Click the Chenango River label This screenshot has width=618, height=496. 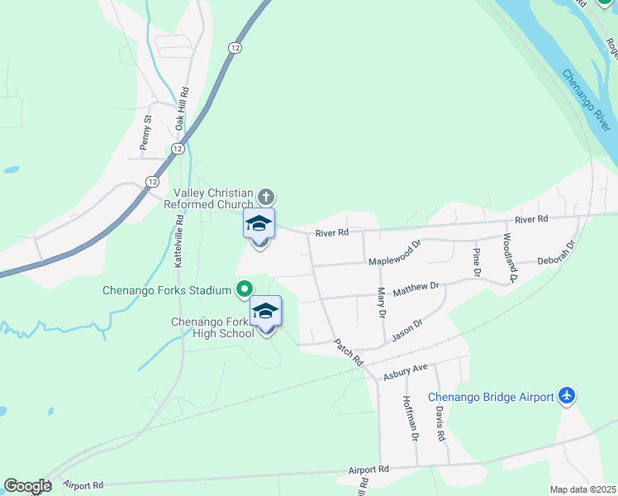coord(587,99)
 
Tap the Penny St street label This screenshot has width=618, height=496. coord(147,131)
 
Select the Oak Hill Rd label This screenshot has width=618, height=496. coord(183,108)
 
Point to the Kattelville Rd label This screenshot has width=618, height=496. coord(179,240)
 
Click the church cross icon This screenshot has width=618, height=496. coord(265,197)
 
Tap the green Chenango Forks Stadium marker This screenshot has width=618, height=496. coord(244,289)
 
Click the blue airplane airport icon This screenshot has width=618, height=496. coord(567,396)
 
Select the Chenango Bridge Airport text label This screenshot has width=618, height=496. coord(491,397)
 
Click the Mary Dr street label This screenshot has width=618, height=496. coord(382,303)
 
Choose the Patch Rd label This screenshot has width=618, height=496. coord(349,352)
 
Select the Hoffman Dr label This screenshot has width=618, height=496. coord(409,417)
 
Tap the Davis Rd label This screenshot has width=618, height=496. coord(441,423)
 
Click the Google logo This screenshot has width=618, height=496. coord(27,486)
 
